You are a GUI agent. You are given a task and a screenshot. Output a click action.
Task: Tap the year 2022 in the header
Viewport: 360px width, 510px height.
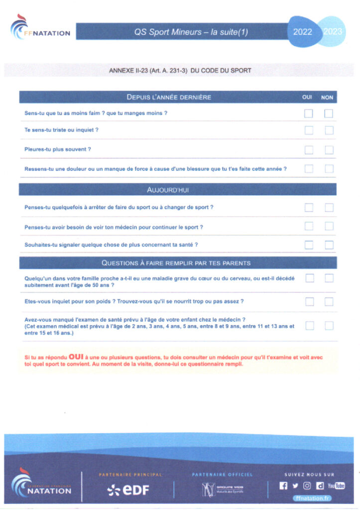point(303,32)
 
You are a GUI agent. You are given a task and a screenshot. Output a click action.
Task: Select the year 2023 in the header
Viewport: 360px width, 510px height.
point(333,32)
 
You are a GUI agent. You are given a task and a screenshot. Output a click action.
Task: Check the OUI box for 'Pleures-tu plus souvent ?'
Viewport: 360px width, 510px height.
point(309,150)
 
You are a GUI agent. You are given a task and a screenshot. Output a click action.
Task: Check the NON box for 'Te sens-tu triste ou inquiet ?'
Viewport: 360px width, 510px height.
point(329,130)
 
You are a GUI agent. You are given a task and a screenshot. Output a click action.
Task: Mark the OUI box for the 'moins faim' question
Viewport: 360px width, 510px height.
point(309,114)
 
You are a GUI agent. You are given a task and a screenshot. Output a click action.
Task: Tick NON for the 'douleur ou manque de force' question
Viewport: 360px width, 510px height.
point(329,169)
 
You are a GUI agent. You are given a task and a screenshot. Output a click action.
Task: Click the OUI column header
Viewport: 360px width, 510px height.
point(308,98)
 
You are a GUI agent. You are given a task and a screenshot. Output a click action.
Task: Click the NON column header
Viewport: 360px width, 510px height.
point(327,98)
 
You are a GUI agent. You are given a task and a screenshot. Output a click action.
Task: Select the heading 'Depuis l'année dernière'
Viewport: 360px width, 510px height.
point(169,97)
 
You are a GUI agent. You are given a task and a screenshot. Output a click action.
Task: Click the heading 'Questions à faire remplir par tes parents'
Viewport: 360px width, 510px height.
point(176,263)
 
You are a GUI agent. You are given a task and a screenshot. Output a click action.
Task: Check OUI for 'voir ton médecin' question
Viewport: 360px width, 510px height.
point(309,227)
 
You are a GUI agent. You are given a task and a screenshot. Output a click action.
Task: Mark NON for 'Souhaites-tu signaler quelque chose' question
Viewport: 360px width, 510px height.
point(329,245)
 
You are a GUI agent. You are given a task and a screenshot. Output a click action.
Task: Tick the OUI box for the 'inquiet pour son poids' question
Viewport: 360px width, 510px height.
point(309,301)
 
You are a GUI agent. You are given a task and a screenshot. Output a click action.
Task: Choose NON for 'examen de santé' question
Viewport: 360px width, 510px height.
point(329,326)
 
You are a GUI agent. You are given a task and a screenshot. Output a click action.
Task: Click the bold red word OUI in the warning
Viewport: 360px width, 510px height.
point(76,357)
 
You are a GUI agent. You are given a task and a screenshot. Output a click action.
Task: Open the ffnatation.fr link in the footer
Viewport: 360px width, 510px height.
point(313,497)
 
